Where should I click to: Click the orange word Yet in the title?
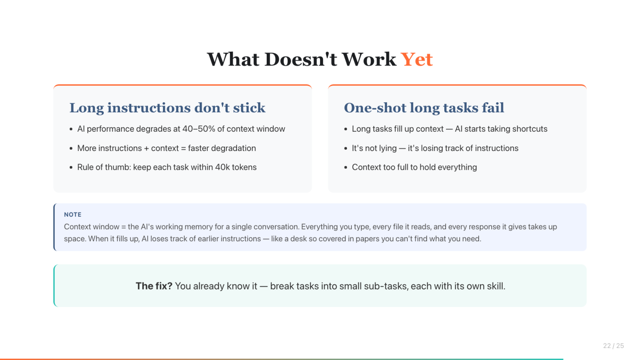tap(416, 59)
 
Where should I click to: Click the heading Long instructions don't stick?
tap(167, 108)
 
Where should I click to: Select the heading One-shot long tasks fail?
tap(424, 108)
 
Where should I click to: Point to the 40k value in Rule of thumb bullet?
tap(222, 167)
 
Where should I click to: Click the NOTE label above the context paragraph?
tap(73, 215)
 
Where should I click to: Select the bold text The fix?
tap(154, 286)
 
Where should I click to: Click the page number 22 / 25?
tap(613, 346)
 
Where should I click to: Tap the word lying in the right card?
tap(388, 148)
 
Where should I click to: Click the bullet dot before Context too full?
tap(345, 168)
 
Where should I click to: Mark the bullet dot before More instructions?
tap(71, 148)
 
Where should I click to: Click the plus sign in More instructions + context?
tap(146, 148)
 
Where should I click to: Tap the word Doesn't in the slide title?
tap(301, 59)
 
